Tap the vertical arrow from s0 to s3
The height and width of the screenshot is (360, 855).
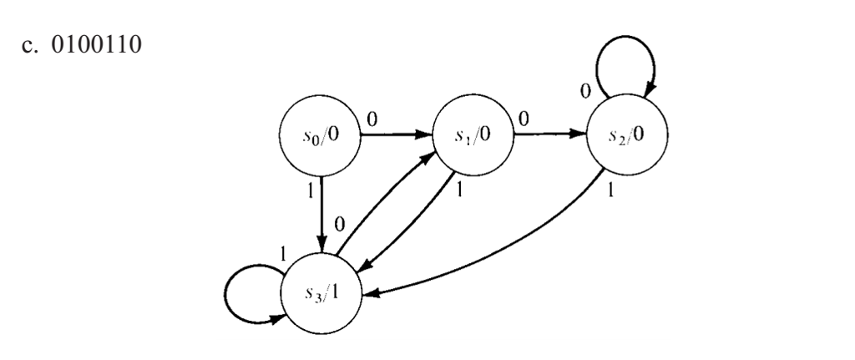point(321,214)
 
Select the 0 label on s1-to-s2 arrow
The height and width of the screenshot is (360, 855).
point(525,119)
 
